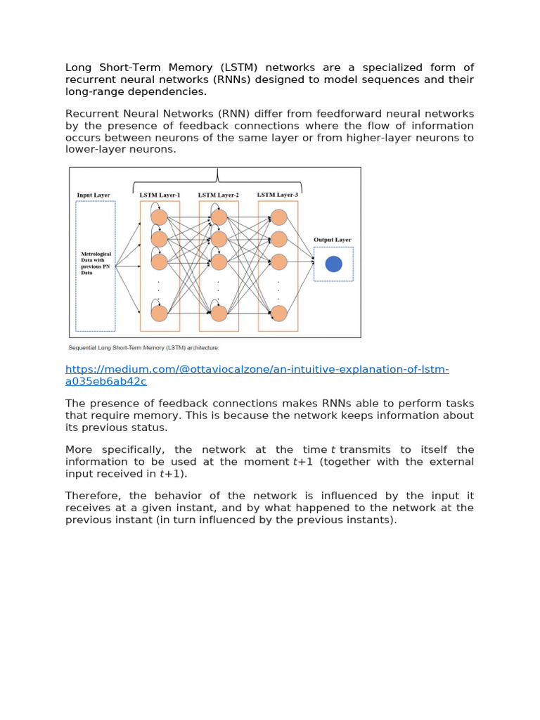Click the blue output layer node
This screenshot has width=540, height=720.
click(334, 264)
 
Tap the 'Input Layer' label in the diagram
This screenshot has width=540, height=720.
click(94, 195)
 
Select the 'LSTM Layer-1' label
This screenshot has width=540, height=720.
click(160, 195)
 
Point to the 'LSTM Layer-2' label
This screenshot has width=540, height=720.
click(219, 195)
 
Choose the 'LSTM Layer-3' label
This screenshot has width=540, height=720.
click(278, 194)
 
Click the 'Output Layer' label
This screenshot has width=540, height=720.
click(333, 240)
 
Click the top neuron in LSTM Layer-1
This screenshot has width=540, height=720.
click(160, 217)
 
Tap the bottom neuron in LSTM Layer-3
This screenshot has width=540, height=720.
click(278, 313)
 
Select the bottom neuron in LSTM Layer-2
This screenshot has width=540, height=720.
click(219, 313)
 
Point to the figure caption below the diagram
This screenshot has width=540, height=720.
click(143, 347)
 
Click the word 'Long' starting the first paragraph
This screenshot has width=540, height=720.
click(79, 67)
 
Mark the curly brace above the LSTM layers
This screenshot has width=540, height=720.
click(218, 176)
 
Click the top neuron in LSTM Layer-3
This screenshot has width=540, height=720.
click(278, 217)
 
